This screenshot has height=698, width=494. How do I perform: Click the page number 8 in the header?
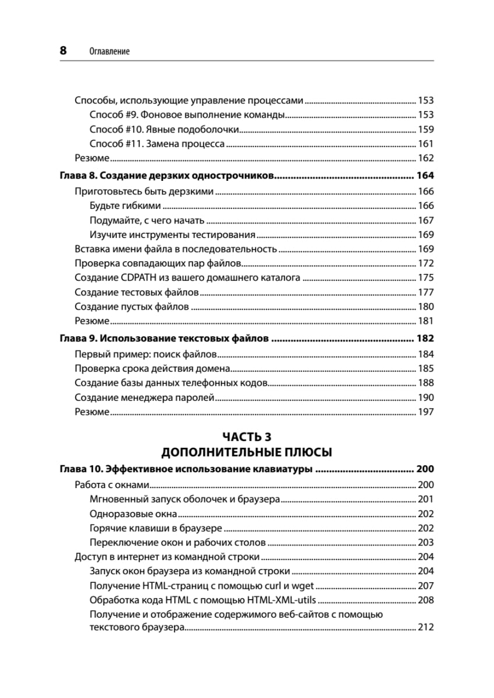click(63, 51)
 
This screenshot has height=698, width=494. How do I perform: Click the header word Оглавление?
click(110, 51)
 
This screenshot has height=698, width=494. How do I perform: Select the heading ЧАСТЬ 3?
click(247, 437)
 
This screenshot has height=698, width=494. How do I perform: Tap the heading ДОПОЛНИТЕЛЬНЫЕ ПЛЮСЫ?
click(247, 453)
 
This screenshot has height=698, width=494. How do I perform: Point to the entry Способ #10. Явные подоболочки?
click(165, 129)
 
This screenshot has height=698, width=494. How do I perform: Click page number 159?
click(426, 129)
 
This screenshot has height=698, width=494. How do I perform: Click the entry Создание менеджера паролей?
click(145, 398)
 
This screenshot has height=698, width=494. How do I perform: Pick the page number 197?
click(426, 412)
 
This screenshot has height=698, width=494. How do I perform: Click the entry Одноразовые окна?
click(133, 514)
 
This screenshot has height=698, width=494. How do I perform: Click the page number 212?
click(426, 628)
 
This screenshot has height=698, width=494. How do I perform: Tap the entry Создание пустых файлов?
click(132, 307)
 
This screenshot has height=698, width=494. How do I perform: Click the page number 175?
click(426, 277)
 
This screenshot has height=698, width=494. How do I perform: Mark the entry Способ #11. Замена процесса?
click(157, 144)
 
